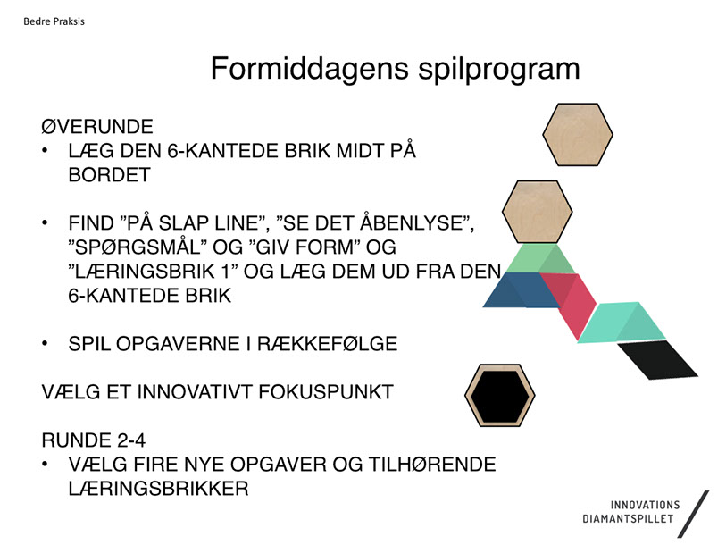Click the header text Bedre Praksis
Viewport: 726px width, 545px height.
click(54, 21)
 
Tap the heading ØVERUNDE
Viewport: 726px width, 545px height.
click(97, 127)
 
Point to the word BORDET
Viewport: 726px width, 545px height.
click(109, 175)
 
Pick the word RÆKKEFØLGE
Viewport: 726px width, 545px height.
click(328, 344)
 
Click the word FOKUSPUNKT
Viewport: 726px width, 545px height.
click(326, 392)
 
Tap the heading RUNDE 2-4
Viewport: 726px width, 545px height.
click(94, 440)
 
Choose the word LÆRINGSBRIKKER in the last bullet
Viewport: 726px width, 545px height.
click(158, 489)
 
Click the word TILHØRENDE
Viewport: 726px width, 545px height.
click(432, 465)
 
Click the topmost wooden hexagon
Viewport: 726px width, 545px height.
click(578, 134)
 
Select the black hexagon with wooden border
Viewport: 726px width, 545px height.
click(500, 395)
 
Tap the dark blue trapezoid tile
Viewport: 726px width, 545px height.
click(521, 290)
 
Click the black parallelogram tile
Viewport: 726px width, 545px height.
click(657, 360)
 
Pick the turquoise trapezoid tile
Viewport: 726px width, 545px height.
click(622, 323)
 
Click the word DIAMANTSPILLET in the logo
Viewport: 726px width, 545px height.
click(628, 519)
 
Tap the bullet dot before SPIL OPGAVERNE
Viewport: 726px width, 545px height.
click(45, 343)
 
